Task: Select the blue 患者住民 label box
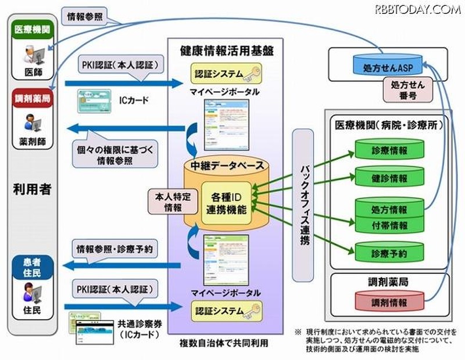[31, 267]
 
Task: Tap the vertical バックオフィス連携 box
[303, 195]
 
